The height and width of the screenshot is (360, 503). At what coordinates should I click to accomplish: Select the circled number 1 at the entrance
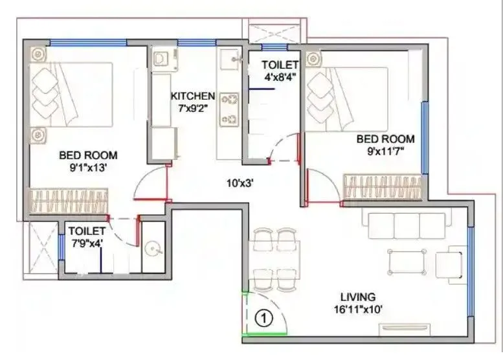point(263,318)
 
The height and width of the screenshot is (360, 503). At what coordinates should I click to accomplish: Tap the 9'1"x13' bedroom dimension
point(88,166)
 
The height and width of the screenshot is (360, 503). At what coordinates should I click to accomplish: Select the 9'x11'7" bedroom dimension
point(386,151)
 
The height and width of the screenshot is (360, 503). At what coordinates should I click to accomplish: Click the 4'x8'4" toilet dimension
point(280,76)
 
